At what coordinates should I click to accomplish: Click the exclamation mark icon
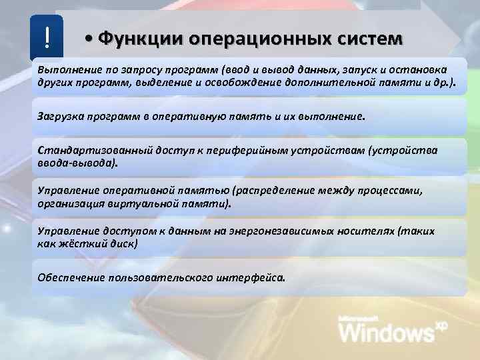click(x=47, y=38)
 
